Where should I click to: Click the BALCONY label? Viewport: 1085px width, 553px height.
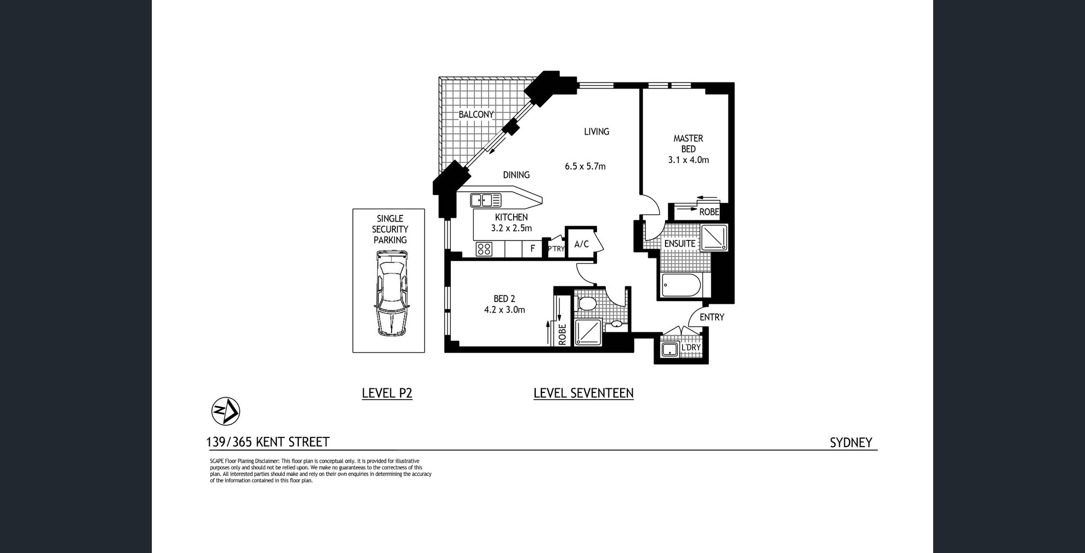[x=476, y=115]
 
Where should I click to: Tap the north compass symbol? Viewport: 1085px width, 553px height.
[x=226, y=411]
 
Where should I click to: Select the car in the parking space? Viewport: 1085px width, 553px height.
[x=391, y=294]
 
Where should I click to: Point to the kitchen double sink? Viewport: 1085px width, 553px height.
[x=486, y=200]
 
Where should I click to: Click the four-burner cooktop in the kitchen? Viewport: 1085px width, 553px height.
[x=484, y=249]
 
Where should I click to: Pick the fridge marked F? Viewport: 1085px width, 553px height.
[x=533, y=249]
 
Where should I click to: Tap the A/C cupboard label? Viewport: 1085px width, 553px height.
[x=581, y=244]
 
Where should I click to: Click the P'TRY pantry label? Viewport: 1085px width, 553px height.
[x=556, y=249]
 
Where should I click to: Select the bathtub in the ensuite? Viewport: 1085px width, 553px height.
[x=681, y=285]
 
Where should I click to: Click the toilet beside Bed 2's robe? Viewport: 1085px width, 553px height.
[x=587, y=303]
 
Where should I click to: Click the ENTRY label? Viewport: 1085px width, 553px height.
[x=712, y=317]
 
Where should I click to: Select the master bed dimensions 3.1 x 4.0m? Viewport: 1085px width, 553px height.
[x=688, y=160]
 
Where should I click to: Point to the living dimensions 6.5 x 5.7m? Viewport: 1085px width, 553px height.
[x=585, y=167]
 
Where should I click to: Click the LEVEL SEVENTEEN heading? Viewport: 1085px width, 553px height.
[x=584, y=393]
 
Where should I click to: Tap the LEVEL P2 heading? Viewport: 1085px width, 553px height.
[x=387, y=393]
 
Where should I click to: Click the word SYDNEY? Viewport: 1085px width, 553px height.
[x=851, y=442]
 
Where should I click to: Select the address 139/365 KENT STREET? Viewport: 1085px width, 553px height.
[x=268, y=442]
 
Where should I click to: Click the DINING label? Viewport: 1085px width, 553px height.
[x=516, y=175]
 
